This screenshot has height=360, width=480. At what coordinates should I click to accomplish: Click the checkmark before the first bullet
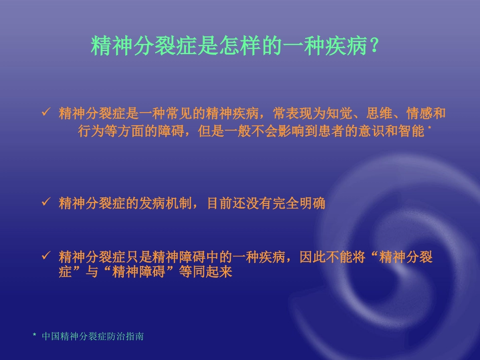pos(45,112)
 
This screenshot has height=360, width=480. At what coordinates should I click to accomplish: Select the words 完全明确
pos(301,204)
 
